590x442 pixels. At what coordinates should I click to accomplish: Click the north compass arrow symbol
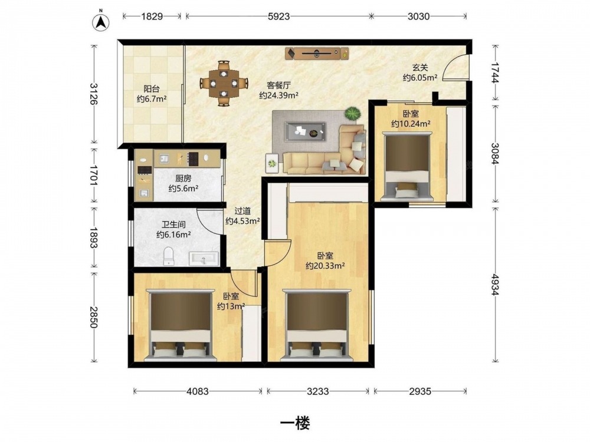(101, 22)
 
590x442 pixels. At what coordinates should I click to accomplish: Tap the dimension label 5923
(279, 17)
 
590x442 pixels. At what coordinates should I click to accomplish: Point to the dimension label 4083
(198, 391)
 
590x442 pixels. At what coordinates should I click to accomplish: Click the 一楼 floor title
(295, 424)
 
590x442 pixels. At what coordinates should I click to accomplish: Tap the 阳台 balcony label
(152, 89)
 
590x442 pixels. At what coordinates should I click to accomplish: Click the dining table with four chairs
(224, 83)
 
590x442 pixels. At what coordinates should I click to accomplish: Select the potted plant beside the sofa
(352, 114)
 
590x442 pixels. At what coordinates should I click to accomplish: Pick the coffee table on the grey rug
(305, 131)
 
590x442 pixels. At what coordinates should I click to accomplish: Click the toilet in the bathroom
(169, 256)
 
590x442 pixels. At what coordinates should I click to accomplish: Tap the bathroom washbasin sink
(204, 259)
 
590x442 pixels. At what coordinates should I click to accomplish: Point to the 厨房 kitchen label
(183, 179)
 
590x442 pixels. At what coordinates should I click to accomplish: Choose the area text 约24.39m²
(278, 95)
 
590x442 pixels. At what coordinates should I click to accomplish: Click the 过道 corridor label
(242, 212)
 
